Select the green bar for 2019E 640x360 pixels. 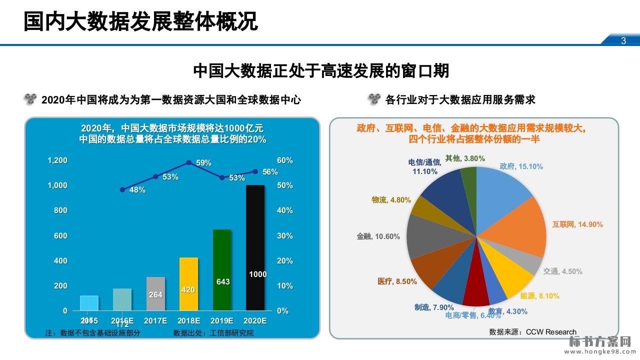coord(222,270)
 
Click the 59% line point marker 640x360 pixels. coord(189,162)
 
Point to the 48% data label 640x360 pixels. coord(137,190)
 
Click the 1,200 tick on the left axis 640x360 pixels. coord(57,160)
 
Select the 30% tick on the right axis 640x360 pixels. coord(285,235)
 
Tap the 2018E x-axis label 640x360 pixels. coord(189,320)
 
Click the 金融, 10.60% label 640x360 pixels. coord(378,236)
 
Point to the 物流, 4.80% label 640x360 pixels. coord(391,200)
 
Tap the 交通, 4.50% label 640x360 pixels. coord(562,271)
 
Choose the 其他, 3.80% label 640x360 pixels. coord(465,158)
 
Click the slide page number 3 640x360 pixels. coord(623,41)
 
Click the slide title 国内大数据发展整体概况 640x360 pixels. coord(141,21)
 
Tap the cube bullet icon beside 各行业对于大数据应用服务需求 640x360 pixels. coord(374,99)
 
